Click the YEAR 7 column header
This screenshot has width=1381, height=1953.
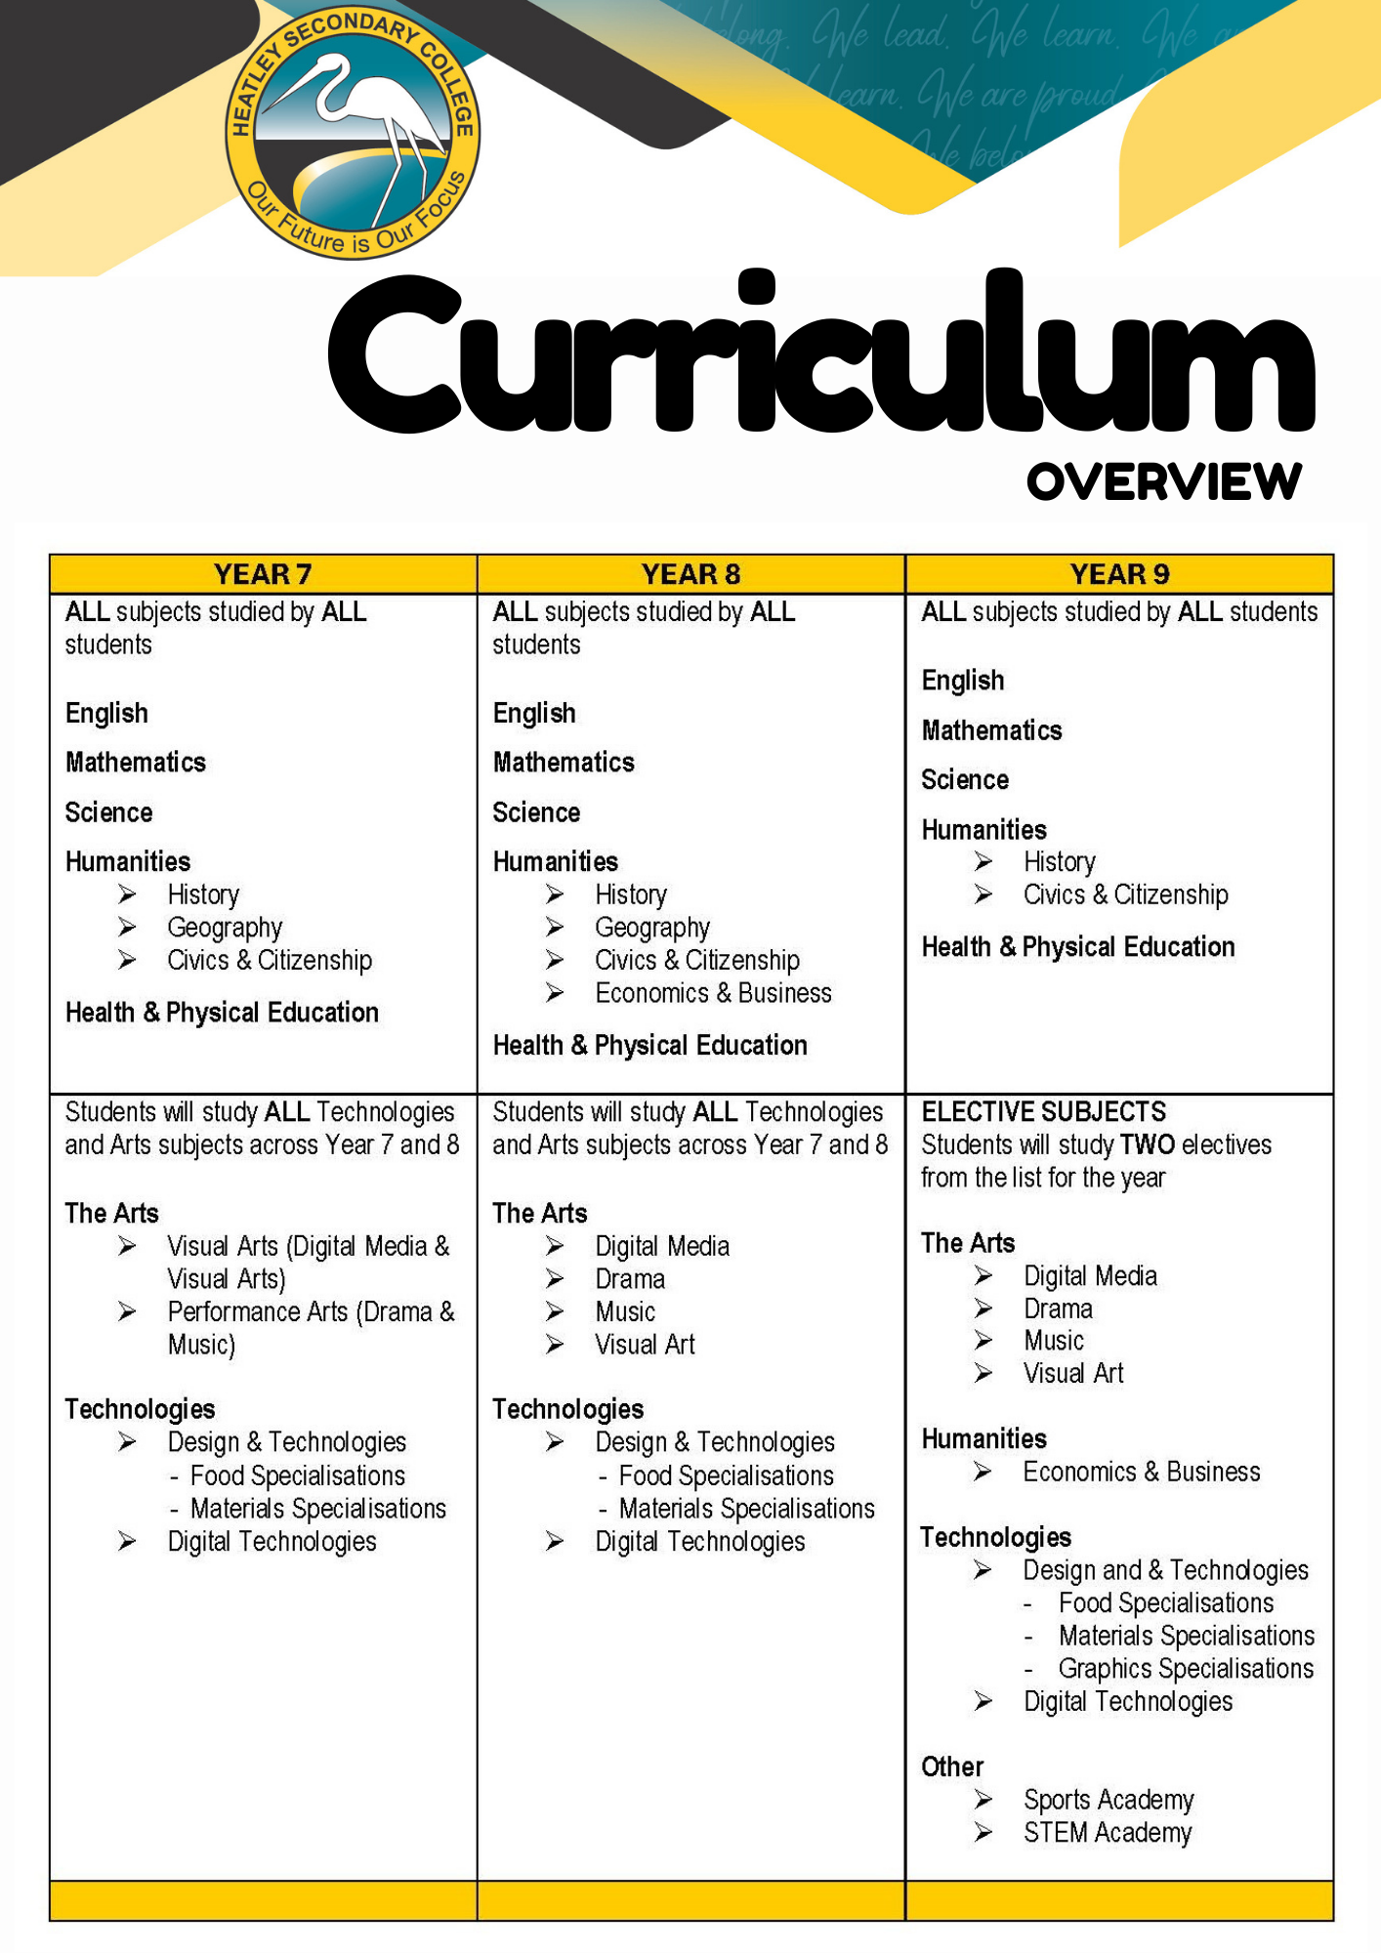pos(263,574)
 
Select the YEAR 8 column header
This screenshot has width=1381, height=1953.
pos(690,574)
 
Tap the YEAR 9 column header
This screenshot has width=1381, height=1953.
pos(1119,574)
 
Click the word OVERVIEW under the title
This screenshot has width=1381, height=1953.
pos(1163,482)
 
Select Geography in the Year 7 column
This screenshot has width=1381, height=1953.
pos(225,927)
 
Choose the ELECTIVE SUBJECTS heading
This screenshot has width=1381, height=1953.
pos(1043,1111)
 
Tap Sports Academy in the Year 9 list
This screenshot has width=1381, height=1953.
pos(1109,1799)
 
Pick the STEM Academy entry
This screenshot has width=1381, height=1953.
pos(1108,1832)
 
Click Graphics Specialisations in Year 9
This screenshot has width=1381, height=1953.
pos(1186,1668)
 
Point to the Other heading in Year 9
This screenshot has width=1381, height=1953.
pos(952,1766)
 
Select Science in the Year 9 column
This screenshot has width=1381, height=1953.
pos(965,779)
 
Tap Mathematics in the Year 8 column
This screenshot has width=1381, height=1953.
pos(564,762)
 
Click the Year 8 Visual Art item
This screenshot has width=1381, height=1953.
pos(645,1345)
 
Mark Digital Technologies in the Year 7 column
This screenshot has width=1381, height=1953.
pos(272,1541)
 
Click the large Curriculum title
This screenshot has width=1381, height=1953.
pos(820,356)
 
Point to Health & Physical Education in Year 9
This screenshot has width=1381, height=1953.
pos(1078,946)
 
